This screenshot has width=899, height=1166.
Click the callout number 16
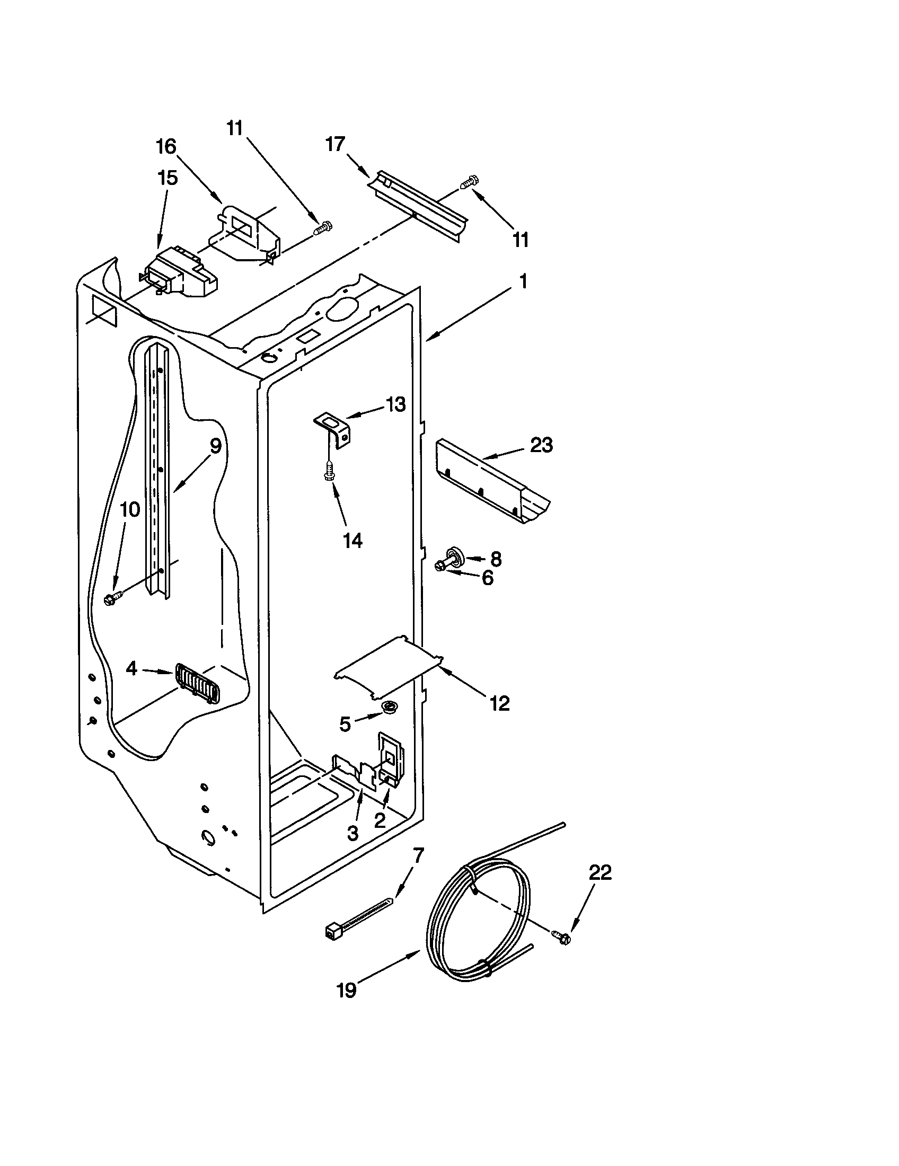coord(166,146)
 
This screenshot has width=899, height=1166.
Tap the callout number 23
coord(541,445)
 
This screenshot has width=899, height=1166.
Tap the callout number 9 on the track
coord(215,445)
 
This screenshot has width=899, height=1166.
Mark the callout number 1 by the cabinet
coord(523,281)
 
